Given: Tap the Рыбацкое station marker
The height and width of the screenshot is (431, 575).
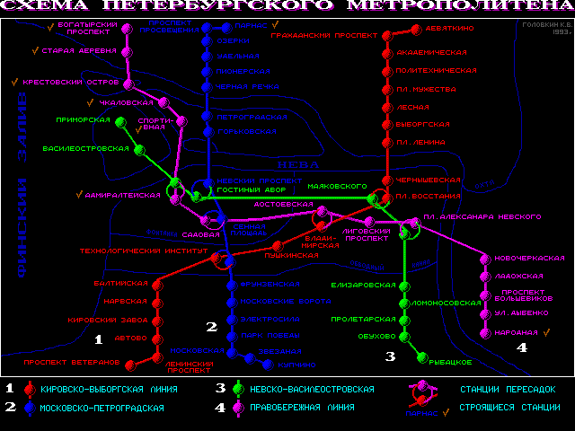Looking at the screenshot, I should [421, 357].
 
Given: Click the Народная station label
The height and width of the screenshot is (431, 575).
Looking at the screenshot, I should [515, 332].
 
